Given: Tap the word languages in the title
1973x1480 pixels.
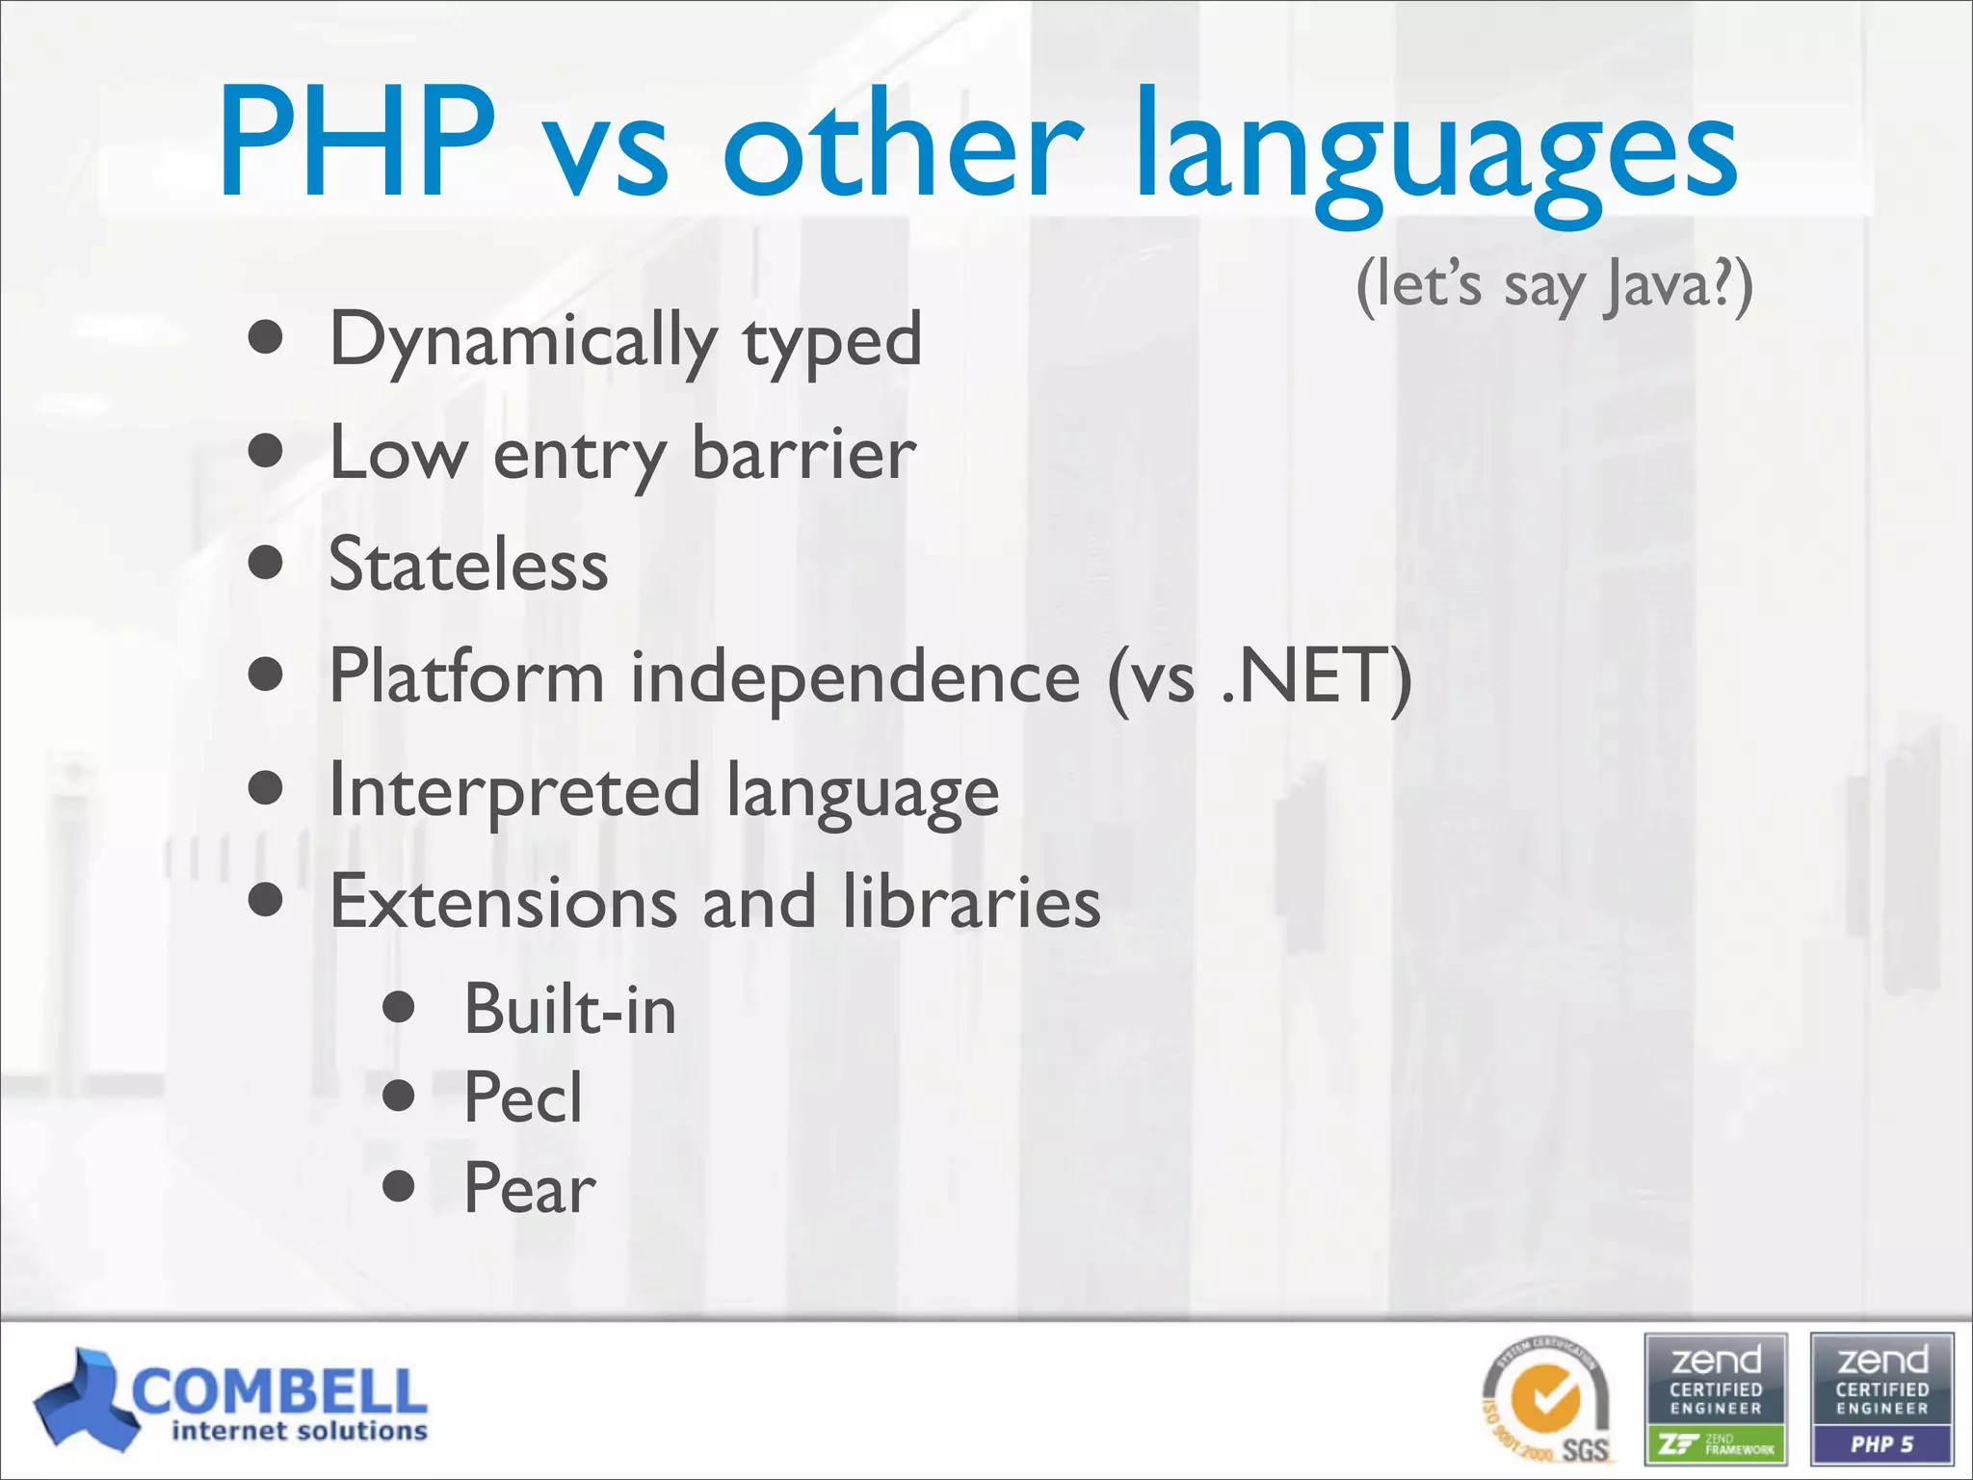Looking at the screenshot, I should tap(1435, 154).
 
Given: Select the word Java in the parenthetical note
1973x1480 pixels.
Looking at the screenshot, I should tap(1647, 286).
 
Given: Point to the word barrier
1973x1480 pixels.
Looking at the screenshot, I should tap(803, 454).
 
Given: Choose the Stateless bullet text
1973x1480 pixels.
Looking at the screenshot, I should tap(468, 566).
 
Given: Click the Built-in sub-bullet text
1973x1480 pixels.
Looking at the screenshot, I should tap(569, 1011).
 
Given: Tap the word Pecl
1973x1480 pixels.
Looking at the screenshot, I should tap(523, 1098).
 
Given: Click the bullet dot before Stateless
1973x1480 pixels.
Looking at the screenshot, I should tap(265, 563).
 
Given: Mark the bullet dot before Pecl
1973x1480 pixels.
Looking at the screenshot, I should tap(398, 1096).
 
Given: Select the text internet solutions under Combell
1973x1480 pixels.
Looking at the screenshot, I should tap(299, 1432).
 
